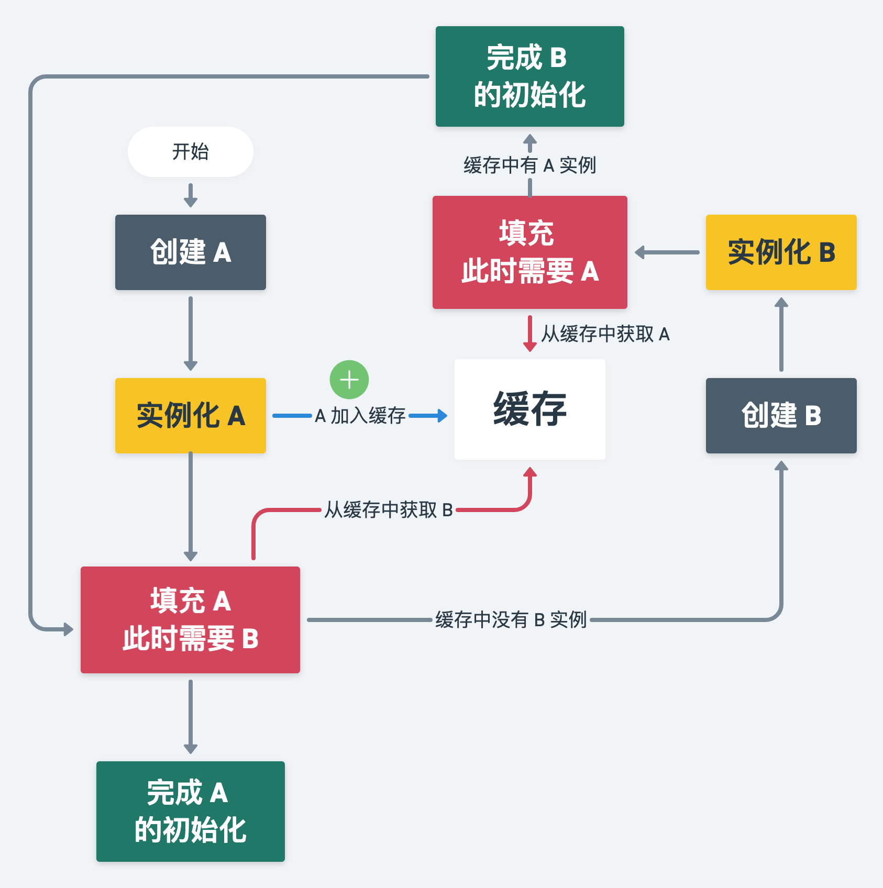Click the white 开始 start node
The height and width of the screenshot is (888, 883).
click(x=190, y=152)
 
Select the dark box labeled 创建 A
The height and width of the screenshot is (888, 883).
click(x=190, y=252)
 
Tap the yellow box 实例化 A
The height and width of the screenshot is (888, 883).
click(x=190, y=415)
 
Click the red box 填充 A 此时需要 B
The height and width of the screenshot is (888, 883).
click(x=190, y=619)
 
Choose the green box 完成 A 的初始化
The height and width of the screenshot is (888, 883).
click(x=190, y=811)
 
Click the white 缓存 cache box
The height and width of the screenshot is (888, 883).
click(x=529, y=409)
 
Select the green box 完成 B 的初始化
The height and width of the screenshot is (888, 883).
click(x=529, y=76)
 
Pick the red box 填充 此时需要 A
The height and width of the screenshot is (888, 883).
click(x=529, y=252)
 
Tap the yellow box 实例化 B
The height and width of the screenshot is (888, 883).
click(x=781, y=252)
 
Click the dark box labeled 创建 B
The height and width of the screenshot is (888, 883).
click(x=781, y=415)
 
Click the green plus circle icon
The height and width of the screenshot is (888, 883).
click(x=349, y=380)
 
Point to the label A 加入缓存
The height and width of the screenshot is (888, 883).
click(x=360, y=416)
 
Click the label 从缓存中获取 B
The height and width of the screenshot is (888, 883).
click(x=388, y=509)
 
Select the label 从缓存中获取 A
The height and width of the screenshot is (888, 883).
click(x=605, y=334)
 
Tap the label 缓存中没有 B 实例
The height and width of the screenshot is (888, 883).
click(x=511, y=619)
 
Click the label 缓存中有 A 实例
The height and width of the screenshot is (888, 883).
click(x=529, y=165)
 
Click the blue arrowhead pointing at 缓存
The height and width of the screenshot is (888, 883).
click(x=443, y=416)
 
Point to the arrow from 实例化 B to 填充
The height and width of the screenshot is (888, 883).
click(x=667, y=252)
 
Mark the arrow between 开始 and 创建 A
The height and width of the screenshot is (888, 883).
click(x=191, y=195)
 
